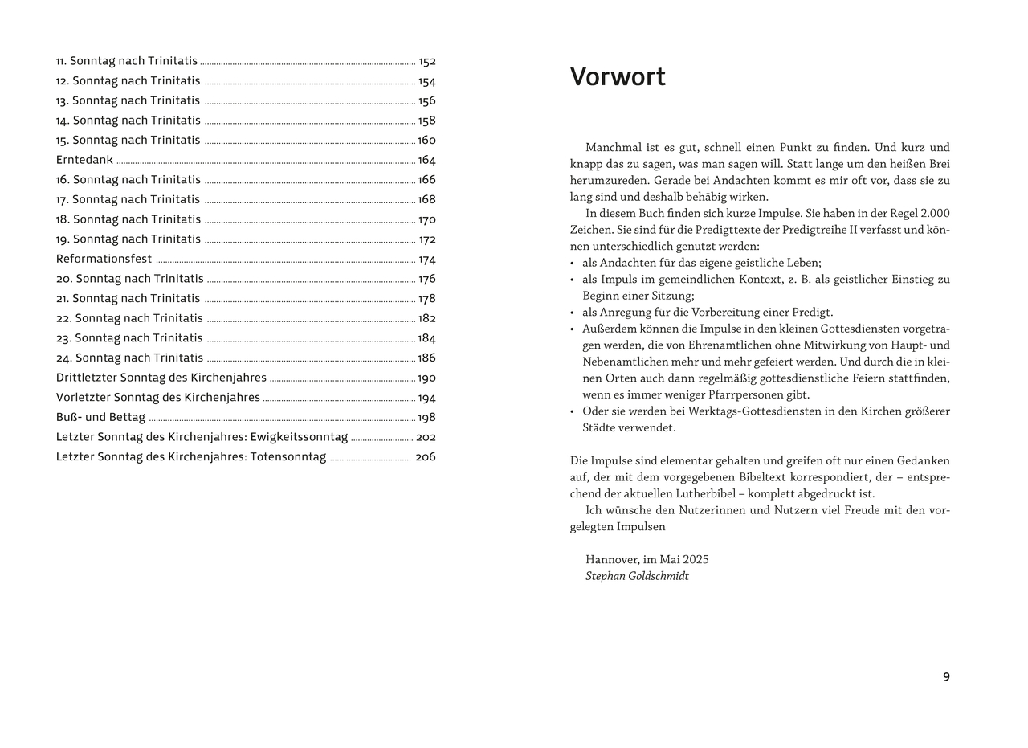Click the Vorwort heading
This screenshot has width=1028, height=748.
coord(618,77)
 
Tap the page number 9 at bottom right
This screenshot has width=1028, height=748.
coord(946,676)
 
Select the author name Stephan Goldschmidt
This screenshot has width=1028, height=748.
coord(637,576)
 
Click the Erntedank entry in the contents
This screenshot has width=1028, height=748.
coord(84,160)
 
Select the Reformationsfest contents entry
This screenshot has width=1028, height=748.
coord(104,259)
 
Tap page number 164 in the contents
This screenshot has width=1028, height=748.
coord(426,160)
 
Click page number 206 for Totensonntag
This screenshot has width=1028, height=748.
coord(426,457)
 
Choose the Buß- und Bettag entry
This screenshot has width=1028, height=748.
coord(100,417)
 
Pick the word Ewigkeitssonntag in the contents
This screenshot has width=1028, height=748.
coord(299,437)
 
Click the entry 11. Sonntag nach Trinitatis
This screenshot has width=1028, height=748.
coord(126,61)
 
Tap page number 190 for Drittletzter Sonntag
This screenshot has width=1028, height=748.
coord(426,378)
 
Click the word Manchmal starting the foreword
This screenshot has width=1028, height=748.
coord(613,148)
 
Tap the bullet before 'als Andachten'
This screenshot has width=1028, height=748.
coord(573,264)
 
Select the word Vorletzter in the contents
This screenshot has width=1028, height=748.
coord(84,398)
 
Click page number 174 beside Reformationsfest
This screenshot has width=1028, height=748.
coord(427,260)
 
